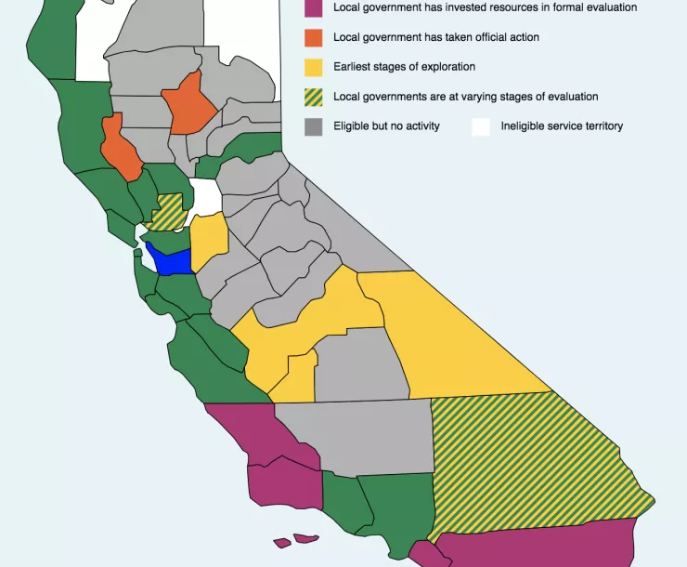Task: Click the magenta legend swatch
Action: [x=314, y=7]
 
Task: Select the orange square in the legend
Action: [x=314, y=37]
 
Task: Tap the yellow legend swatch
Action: [x=314, y=67]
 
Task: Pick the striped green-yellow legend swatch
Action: [x=314, y=97]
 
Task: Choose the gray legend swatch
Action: [x=314, y=126]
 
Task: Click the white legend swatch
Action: [x=481, y=126]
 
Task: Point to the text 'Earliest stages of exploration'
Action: [x=404, y=67]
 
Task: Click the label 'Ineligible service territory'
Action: [x=562, y=126]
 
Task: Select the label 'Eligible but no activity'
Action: [x=386, y=126]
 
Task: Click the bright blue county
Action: [x=172, y=261]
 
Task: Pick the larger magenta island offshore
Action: [x=306, y=538]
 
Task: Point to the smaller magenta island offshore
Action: [x=281, y=543]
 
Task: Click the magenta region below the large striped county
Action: [x=538, y=546]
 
